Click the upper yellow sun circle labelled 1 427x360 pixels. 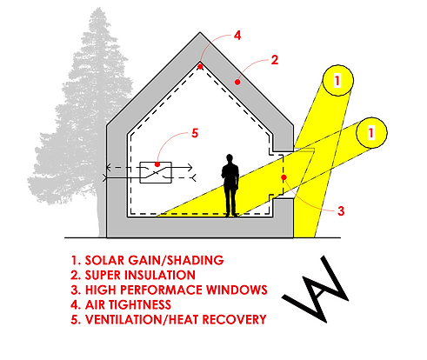338,81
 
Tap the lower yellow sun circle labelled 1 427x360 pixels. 371,132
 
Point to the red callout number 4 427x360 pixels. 238,36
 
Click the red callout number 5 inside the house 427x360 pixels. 193,133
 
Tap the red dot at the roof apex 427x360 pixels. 201,65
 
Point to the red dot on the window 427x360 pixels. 284,178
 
